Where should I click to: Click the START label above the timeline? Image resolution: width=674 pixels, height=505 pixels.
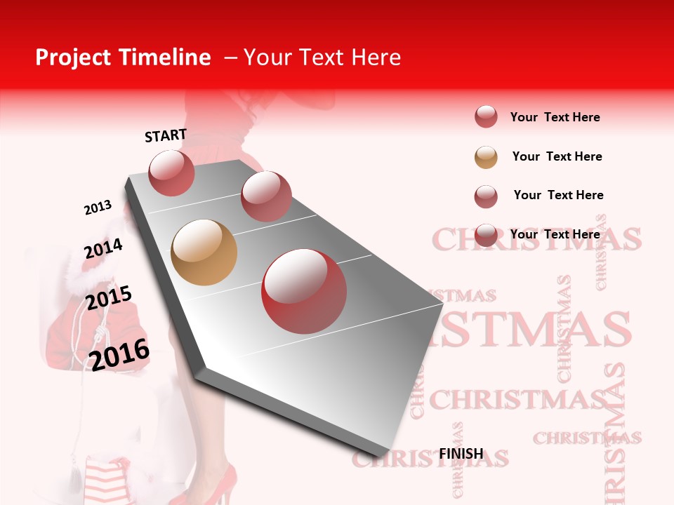click(x=166, y=135)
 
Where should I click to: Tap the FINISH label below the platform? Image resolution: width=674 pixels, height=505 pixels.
click(x=461, y=454)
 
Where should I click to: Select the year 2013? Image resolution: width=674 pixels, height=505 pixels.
click(x=98, y=208)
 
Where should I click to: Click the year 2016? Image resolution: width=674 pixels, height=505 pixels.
click(x=119, y=354)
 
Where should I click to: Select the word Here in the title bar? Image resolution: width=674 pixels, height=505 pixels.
click(x=376, y=58)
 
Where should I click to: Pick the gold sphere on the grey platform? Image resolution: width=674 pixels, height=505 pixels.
click(x=204, y=252)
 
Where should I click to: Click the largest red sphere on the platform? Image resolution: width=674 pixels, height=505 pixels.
click(x=304, y=291)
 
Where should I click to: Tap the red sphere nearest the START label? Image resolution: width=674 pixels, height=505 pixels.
click(x=171, y=173)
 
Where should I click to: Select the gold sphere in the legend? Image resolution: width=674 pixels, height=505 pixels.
click(x=486, y=157)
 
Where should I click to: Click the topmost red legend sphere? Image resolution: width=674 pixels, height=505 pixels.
click(x=486, y=116)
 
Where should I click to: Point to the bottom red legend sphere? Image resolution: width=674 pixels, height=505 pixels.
click(x=486, y=235)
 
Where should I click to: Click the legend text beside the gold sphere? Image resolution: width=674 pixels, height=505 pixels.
click(x=557, y=156)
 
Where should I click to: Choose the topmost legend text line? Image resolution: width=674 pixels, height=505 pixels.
click(x=555, y=117)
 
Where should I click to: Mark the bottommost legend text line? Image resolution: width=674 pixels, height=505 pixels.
click(x=555, y=234)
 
